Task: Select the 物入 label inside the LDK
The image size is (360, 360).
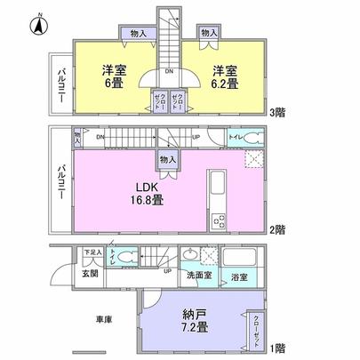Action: click(x=167, y=158)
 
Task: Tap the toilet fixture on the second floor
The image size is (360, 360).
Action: click(x=251, y=138)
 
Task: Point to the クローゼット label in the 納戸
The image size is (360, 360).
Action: click(x=257, y=325)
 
